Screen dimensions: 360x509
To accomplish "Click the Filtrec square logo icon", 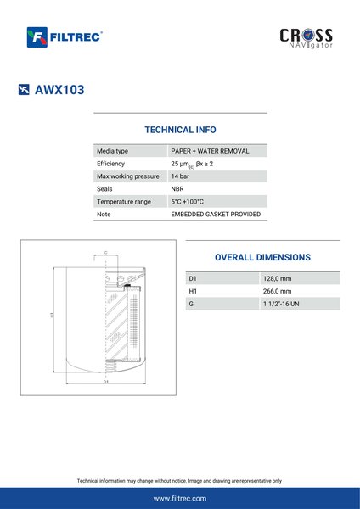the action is (37, 37).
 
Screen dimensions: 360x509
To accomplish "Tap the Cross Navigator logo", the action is (306, 38).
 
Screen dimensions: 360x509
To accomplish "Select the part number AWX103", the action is (59, 90).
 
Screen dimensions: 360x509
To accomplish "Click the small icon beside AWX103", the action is (24, 90).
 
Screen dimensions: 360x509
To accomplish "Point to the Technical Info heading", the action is (180, 130).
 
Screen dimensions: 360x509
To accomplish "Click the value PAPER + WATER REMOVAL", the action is (210, 151).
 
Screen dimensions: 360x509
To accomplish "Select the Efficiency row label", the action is (110, 164).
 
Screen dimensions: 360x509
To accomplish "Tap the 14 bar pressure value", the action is (180, 176).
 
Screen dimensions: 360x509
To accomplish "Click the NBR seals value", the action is (177, 189).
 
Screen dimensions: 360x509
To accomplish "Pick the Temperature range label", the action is (124, 202).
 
